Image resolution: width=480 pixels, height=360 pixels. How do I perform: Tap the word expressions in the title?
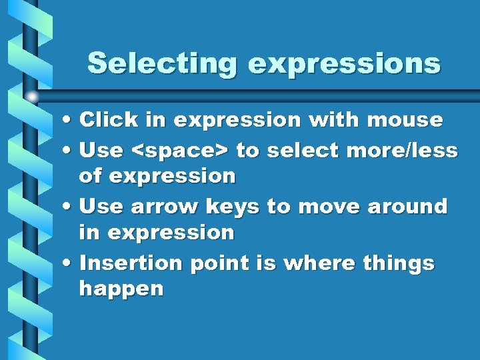344,64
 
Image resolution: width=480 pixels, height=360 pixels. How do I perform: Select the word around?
407,207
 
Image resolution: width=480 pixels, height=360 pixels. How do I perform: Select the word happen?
121,290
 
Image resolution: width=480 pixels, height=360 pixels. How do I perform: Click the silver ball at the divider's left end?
32,97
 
